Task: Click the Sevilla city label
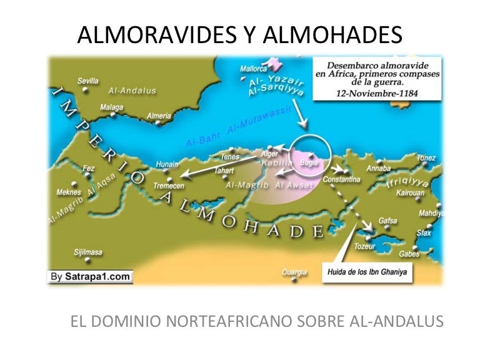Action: pos(87,81)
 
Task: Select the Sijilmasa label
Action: pos(87,252)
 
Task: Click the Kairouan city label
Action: pos(411,193)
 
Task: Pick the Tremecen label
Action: pos(169,187)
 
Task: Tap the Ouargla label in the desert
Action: pos(294,272)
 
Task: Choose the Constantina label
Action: pos(342,180)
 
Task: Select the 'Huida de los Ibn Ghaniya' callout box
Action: pos(367,271)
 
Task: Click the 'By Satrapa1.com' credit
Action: pos(91,276)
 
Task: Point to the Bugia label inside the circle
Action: pos(309,162)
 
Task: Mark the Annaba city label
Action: pos(378,168)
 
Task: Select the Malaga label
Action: pos(112,107)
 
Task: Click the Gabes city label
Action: pos(409,254)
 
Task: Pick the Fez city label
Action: pos(88,168)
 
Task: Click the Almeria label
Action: pos(158,116)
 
